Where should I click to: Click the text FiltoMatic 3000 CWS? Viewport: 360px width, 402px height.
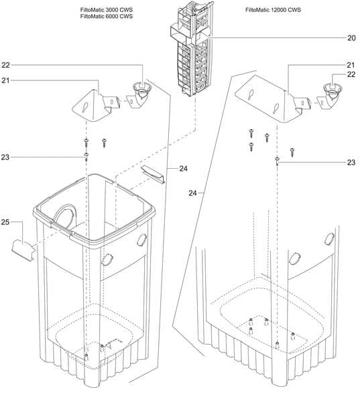coord(106,10)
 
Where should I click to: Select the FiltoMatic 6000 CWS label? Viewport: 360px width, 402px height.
coord(106,17)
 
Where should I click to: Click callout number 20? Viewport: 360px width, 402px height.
coord(351,38)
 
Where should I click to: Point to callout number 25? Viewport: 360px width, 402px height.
coord(5,221)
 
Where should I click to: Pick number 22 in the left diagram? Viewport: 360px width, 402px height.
coord(5,65)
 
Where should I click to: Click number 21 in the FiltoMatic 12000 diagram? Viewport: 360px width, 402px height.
coord(350,64)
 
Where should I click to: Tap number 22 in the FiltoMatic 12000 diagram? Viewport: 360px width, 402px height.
coord(350,74)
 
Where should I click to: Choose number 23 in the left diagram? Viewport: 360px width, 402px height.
coord(5,157)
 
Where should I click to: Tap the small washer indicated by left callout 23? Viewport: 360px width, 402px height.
coord(87,159)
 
